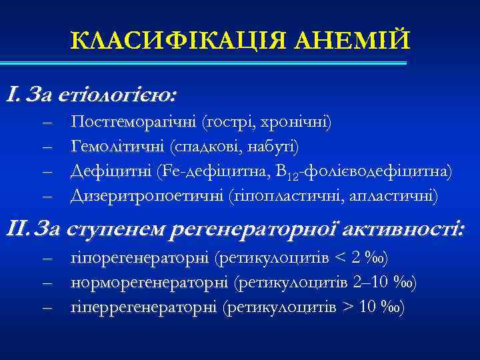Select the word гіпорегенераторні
point(139,258)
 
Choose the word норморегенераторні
point(148,283)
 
